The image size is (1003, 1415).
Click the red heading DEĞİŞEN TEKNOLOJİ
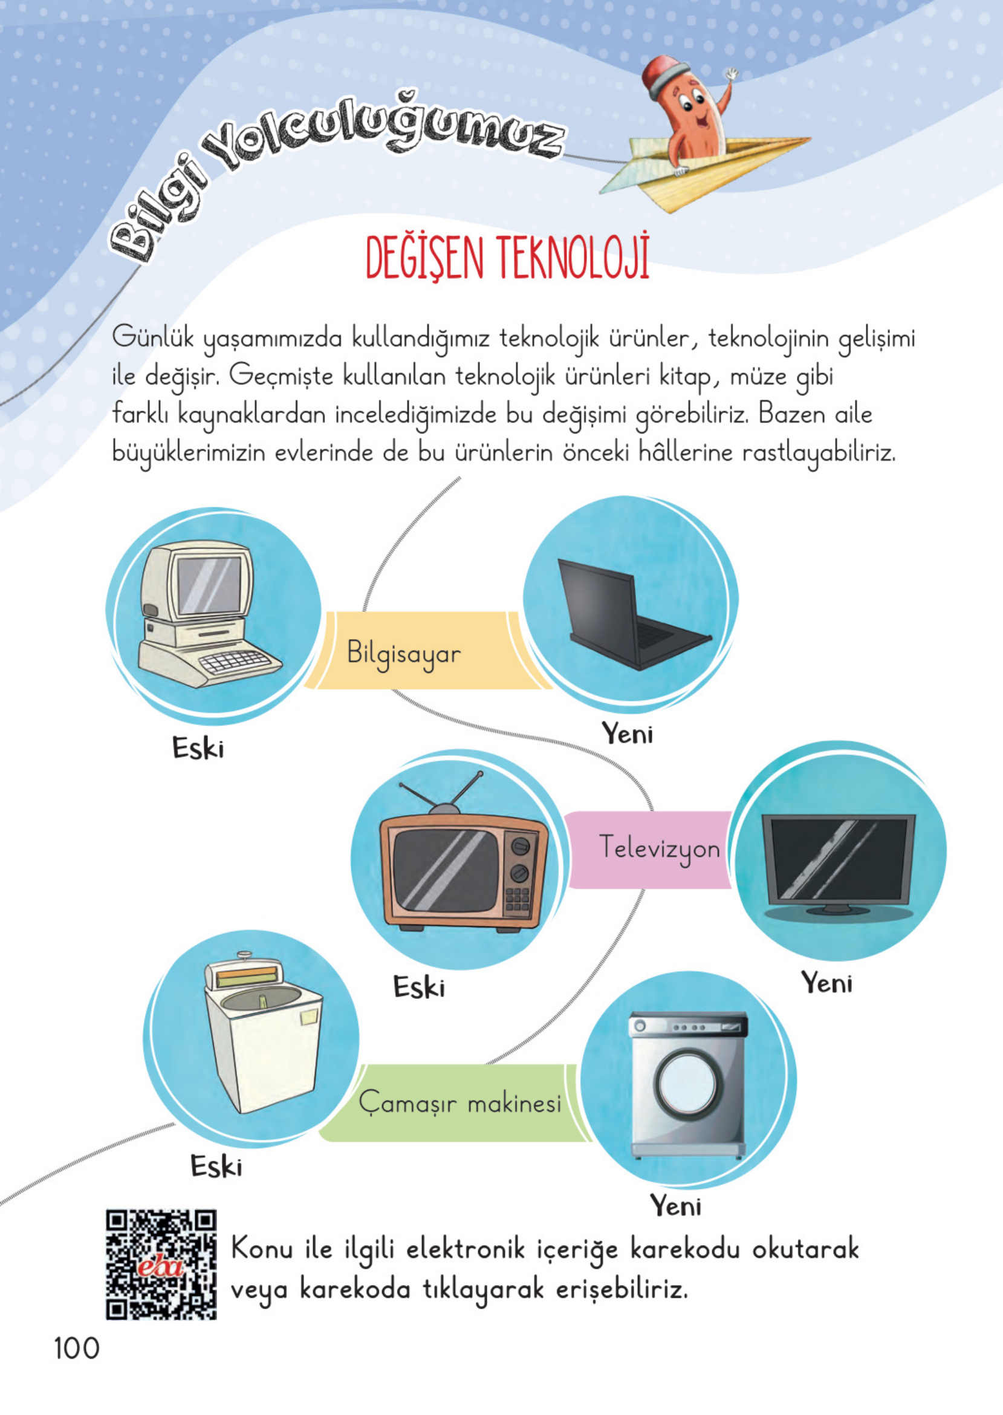tap(507, 258)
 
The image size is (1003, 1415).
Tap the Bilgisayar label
tap(404, 654)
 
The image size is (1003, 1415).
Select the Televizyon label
tap(659, 847)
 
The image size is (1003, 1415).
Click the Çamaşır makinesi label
tap(459, 1103)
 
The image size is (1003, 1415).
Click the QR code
tap(161, 1264)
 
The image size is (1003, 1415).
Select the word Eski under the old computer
tap(198, 748)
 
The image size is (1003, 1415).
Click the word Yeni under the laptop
tap(628, 734)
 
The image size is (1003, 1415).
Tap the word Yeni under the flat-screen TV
tap(827, 983)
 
